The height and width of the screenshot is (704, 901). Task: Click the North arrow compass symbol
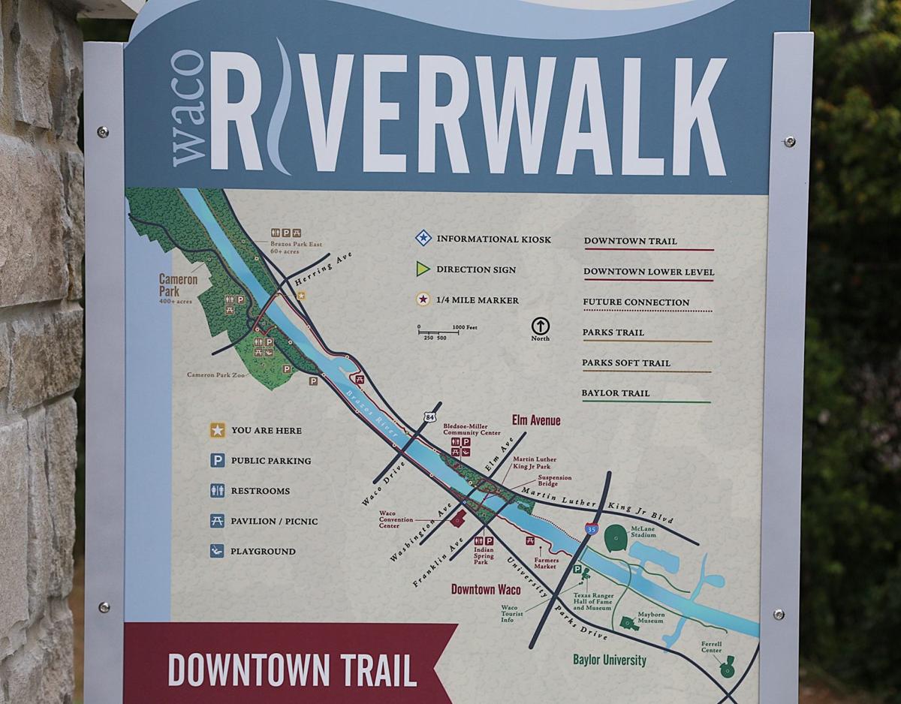(x=541, y=326)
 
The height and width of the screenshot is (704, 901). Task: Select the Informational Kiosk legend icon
(x=423, y=239)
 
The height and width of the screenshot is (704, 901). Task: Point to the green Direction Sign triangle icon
(x=423, y=269)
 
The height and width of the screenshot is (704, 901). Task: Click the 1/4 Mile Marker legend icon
(x=423, y=299)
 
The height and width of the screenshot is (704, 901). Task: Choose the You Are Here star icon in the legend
(x=217, y=430)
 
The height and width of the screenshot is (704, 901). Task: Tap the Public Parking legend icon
(x=217, y=460)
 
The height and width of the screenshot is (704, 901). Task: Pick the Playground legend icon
(x=217, y=551)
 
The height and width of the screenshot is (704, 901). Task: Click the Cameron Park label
(x=178, y=285)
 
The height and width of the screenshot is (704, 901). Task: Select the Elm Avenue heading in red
(x=536, y=420)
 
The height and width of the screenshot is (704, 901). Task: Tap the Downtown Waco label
(x=486, y=589)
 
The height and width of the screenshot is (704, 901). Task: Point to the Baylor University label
(x=609, y=660)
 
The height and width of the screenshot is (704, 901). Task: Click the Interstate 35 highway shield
(x=592, y=528)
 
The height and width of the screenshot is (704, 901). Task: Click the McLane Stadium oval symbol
(x=616, y=537)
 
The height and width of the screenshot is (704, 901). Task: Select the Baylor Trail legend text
(x=616, y=393)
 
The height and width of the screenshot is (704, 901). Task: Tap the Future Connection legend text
(x=636, y=302)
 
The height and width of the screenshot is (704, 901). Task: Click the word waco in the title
(x=188, y=109)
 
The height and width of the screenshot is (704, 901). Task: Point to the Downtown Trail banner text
(x=291, y=670)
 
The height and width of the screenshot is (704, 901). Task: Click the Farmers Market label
(x=546, y=562)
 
